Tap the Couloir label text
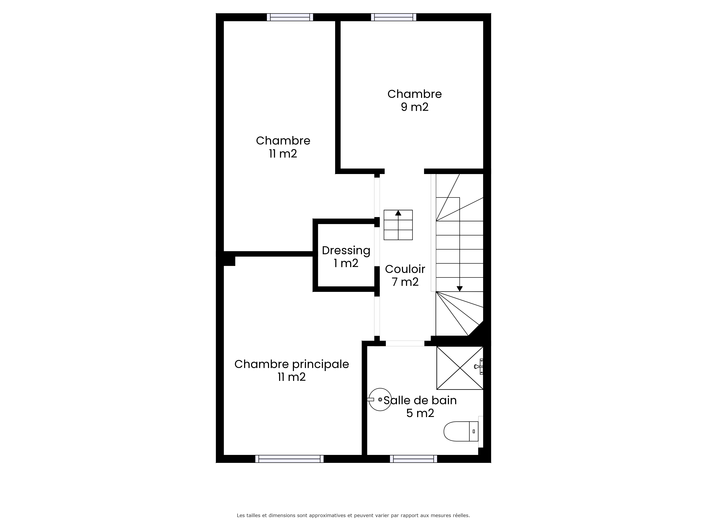pyautogui.click(x=405, y=269)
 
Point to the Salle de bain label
pyautogui.click(x=420, y=400)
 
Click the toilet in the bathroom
pyautogui.click(x=461, y=431)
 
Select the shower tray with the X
pyautogui.click(x=460, y=368)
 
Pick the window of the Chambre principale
pyautogui.click(x=289, y=459)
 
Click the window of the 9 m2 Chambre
pyautogui.click(x=393, y=17)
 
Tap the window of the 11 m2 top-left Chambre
pyautogui.click(x=290, y=17)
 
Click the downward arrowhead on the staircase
pyautogui.click(x=460, y=289)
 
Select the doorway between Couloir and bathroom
pyautogui.click(x=405, y=343)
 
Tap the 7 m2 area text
pyautogui.click(x=405, y=282)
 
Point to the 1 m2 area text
pyautogui.click(x=346, y=263)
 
